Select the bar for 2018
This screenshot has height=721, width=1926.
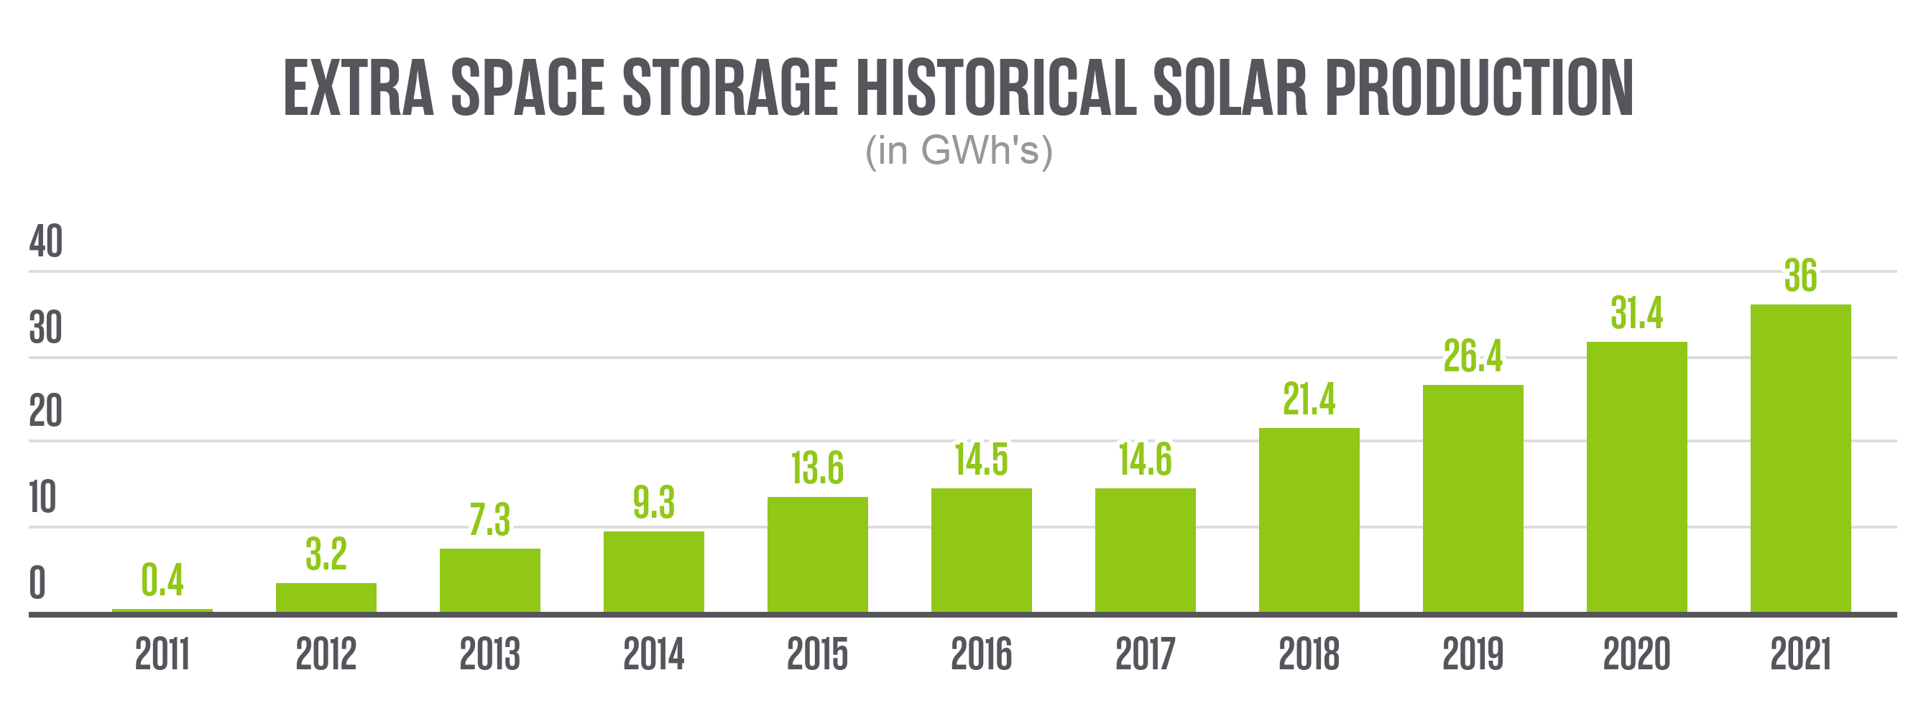(1309, 520)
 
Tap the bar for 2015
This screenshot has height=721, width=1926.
(817, 554)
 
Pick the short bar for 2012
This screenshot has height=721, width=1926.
(326, 597)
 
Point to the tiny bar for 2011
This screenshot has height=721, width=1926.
(162, 610)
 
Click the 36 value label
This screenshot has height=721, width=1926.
(1800, 276)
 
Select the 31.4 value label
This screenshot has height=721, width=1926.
(1636, 313)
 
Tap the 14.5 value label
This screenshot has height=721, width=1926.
(981, 460)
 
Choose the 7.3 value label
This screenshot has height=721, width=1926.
(489, 520)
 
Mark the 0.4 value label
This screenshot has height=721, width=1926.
(162, 580)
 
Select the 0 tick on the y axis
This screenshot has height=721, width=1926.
(37, 584)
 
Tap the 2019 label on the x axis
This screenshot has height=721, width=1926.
(1472, 654)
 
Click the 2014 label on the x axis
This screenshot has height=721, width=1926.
(653, 654)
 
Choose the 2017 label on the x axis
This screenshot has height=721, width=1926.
(1145, 654)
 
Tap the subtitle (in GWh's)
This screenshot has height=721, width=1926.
(959, 150)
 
